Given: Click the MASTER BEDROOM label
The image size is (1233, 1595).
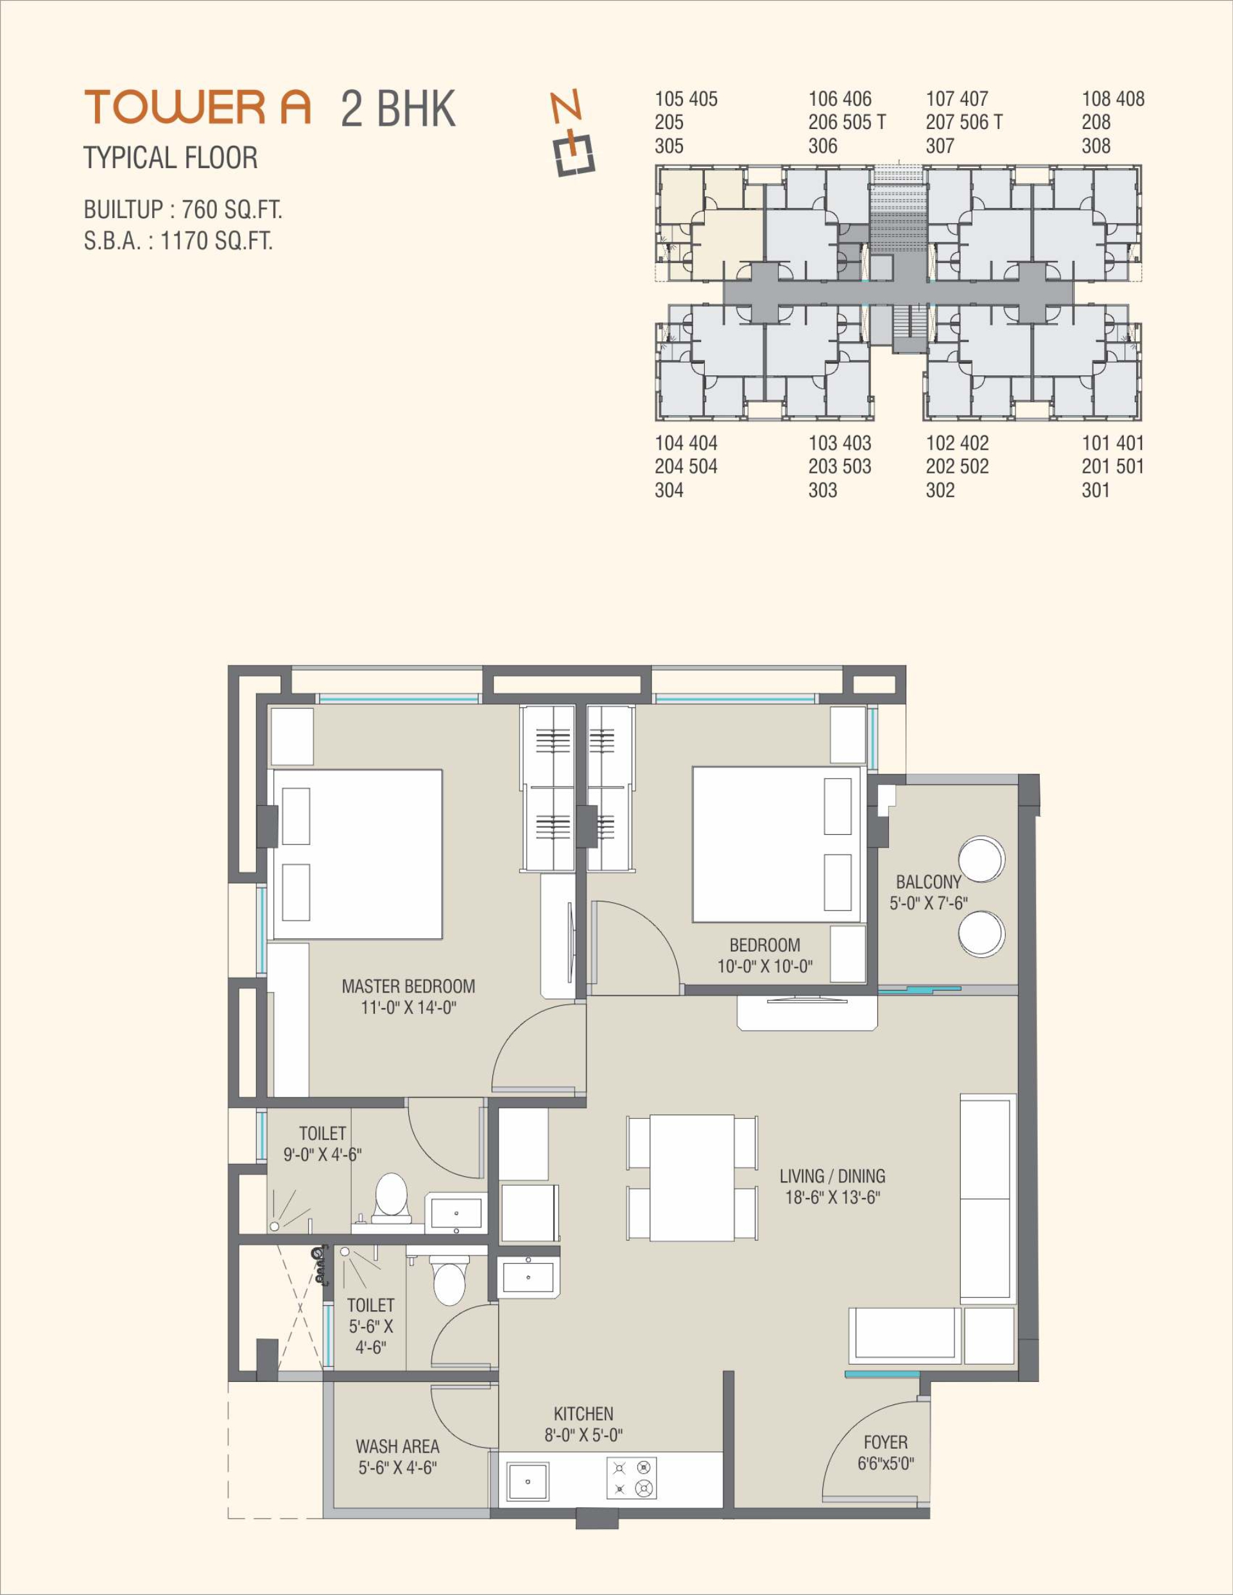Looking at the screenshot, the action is point(408,987).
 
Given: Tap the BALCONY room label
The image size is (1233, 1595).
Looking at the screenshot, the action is point(928,882).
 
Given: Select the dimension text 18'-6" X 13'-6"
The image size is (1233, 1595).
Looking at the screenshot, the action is point(832,1197).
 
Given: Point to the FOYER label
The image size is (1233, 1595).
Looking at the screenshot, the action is point(885,1442).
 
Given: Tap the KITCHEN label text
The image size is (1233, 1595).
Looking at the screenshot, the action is point(583,1414).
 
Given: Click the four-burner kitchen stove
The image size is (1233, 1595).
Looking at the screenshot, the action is point(631,1478).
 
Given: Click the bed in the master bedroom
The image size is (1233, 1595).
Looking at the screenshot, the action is point(356,854).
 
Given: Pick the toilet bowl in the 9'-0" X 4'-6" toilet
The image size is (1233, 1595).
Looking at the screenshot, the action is point(392,1197).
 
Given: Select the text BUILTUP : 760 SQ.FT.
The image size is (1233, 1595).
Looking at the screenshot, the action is point(183,210).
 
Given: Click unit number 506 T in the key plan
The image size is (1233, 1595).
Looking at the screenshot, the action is point(984,122).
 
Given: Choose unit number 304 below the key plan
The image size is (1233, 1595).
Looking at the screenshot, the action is point(669,490).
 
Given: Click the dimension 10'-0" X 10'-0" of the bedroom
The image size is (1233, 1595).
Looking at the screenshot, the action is point(765,966).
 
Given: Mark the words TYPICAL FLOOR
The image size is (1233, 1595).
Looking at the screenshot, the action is point(170,158).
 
